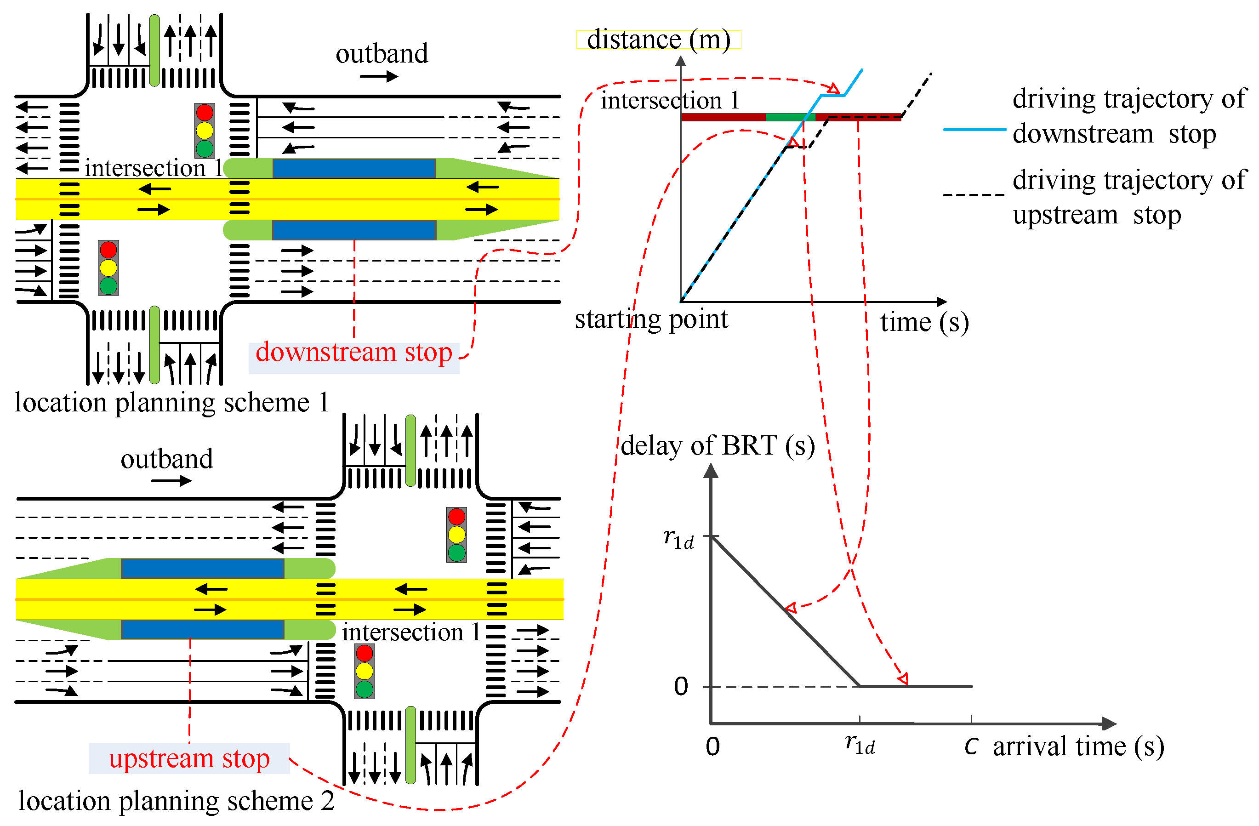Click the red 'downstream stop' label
click(353, 353)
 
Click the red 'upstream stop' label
click(189, 758)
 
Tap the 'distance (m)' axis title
click(658, 40)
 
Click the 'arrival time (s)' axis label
click(1077, 746)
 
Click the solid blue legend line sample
click(974, 129)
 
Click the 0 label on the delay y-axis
click(681, 687)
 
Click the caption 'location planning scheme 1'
click(172, 403)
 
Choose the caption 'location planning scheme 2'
click(176, 801)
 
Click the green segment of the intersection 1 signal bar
click(790, 117)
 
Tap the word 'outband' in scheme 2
click(167, 459)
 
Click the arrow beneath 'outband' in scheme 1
click(379, 77)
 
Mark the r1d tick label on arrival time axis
click(860, 745)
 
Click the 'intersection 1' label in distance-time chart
click(670, 101)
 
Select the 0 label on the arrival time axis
click(712, 746)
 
